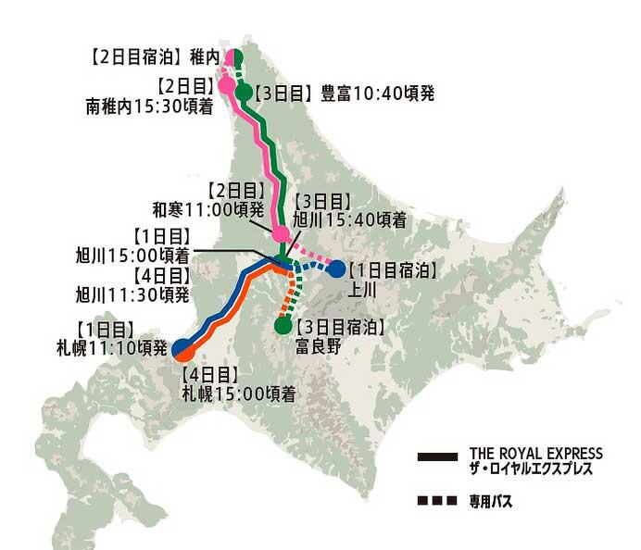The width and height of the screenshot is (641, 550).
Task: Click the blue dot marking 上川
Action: [x=337, y=269]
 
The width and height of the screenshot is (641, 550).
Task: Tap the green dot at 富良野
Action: [x=283, y=326]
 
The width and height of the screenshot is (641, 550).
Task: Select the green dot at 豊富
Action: [x=245, y=93]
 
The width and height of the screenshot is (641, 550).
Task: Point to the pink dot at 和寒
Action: [x=279, y=232]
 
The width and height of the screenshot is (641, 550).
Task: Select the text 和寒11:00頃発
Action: [x=206, y=209]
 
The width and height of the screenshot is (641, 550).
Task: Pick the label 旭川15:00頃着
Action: [x=133, y=252]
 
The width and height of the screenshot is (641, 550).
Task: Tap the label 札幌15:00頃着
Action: [x=238, y=393]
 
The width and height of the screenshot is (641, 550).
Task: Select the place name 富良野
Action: [x=317, y=344]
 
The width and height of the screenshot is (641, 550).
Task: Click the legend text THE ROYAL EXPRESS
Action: [x=535, y=454]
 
